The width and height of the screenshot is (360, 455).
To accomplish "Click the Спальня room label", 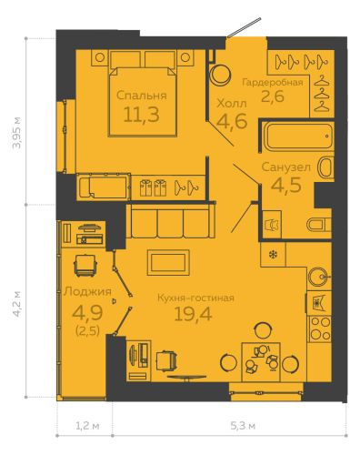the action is coord(142,96).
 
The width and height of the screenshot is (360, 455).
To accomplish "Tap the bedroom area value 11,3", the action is coord(141,115).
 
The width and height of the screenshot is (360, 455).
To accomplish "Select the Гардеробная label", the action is coord(273,82).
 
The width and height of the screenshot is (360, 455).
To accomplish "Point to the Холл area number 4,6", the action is coord(232,121).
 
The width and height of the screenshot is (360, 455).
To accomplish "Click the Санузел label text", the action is coord(286,167).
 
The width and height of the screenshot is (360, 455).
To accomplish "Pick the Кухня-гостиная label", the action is coord(195,298).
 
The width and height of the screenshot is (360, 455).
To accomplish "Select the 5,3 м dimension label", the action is coord(243,426).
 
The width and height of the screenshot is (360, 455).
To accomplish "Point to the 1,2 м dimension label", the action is coord(87,426).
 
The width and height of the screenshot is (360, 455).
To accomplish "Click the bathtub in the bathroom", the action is coord(298,136).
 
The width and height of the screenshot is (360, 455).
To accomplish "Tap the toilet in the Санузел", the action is coord(319,225).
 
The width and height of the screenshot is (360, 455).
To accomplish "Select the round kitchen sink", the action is coord(318,277).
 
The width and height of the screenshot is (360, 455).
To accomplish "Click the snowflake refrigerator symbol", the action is coord(273,254).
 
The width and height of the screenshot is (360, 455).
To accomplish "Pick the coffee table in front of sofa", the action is coord(168,262).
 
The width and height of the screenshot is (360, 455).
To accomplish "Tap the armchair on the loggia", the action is coord(85,265).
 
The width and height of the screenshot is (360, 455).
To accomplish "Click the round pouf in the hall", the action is coord(221,75).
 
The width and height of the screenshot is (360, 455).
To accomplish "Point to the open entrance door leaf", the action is coord(244,27).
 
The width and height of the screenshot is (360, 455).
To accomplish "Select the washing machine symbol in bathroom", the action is coord(272,225).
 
